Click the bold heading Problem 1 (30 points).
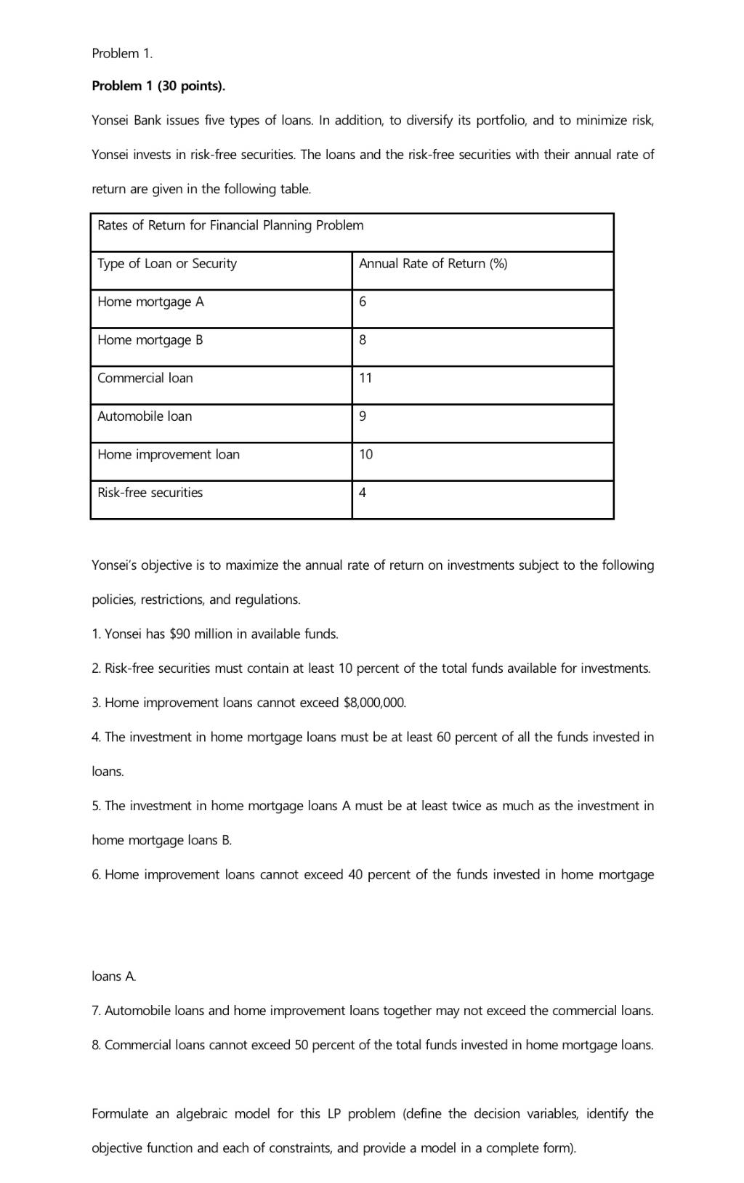point(158,86)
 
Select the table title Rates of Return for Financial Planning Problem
point(230,225)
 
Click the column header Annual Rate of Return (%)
point(433,264)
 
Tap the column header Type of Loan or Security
point(167,264)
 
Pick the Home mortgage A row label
point(150,302)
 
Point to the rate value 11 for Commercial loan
point(365,378)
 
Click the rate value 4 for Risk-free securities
point(363,493)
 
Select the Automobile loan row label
point(145,416)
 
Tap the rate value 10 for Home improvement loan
point(365,454)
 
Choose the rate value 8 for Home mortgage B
point(363,340)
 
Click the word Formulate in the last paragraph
point(121,1113)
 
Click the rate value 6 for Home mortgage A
point(363,302)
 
